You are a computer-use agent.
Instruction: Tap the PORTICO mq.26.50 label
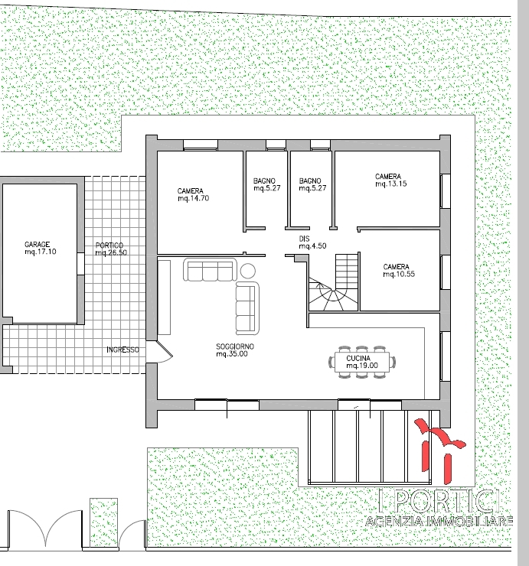pyautogui.click(x=111, y=249)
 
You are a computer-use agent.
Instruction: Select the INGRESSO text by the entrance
pyautogui.click(x=122, y=350)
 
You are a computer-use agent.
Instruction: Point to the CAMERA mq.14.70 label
pyautogui.click(x=194, y=194)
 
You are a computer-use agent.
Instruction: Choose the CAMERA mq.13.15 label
pyautogui.click(x=390, y=180)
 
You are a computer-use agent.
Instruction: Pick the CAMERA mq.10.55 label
pyautogui.click(x=399, y=270)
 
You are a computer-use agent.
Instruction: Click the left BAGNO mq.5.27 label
pyautogui.click(x=266, y=184)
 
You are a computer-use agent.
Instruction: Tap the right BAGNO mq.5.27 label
pyautogui.click(x=312, y=184)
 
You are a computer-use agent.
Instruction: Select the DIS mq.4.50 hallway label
pyautogui.click(x=312, y=242)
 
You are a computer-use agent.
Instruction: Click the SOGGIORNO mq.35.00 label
pyautogui.click(x=235, y=350)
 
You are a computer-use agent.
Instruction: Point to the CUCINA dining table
pyautogui.click(x=362, y=362)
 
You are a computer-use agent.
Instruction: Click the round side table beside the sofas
pyautogui.click(x=247, y=271)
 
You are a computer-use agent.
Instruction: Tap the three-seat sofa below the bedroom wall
pyautogui.click(x=210, y=269)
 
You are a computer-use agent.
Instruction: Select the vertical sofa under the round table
pyautogui.click(x=247, y=308)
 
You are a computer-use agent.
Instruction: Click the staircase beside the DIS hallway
pyautogui.click(x=334, y=282)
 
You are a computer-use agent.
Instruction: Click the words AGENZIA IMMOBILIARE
pyautogui.click(x=439, y=521)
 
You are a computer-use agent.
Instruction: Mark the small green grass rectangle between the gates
pyautogui.click(x=103, y=522)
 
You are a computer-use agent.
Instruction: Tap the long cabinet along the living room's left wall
pyautogui.click(x=164, y=298)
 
